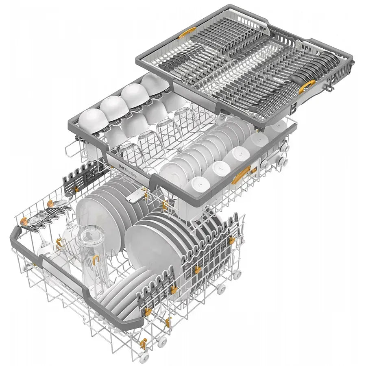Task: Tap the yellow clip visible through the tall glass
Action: coord(96,258)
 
